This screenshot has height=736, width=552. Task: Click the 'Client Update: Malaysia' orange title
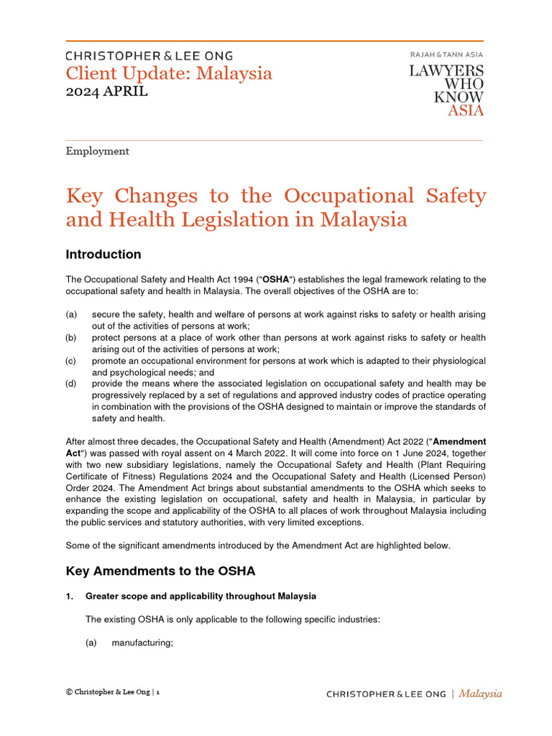tap(169, 73)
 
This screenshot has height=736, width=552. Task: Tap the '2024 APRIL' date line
tap(107, 91)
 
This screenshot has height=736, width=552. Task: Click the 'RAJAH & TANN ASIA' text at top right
tap(446, 55)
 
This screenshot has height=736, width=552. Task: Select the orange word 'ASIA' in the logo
tap(466, 110)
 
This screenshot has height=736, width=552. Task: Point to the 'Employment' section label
tap(97, 151)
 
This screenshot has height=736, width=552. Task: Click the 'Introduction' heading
tap(103, 254)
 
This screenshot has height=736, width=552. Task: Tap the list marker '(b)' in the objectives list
tap(71, 338)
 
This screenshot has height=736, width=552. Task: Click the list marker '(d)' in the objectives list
tap(71, 383)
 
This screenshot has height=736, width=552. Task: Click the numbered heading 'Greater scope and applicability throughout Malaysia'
tap(201, 597)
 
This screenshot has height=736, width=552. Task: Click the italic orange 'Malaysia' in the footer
tap(480, 694)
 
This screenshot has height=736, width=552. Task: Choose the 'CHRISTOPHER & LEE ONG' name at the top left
tap(149, 55)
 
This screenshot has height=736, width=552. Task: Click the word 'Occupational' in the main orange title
tap(349, 195)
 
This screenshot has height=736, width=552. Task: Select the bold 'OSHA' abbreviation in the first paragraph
tap(280, 279)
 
